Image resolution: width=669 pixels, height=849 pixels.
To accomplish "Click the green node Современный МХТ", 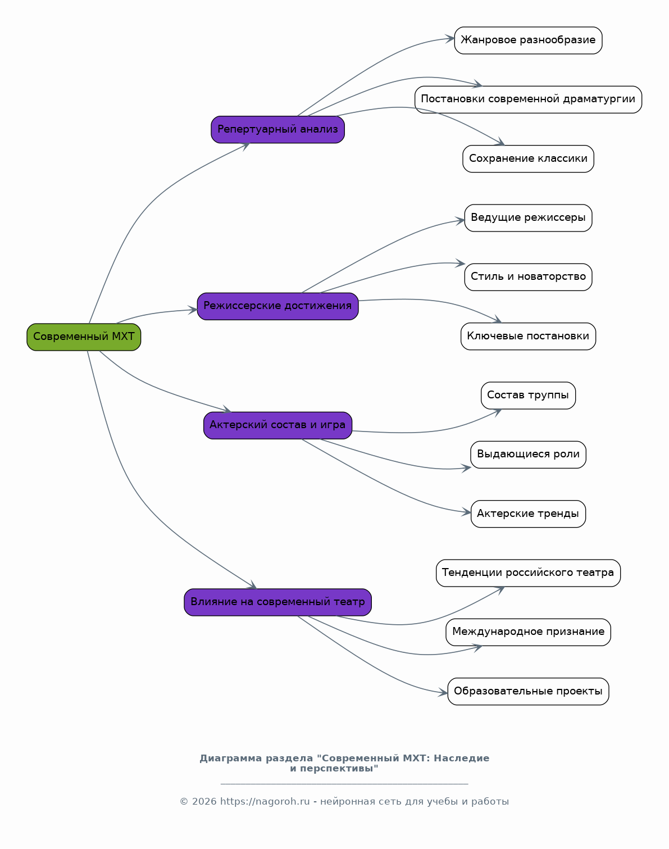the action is (84, 337).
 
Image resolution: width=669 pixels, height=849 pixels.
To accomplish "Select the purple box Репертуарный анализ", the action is (277, 129).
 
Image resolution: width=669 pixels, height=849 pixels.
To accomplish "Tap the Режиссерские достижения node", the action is (277, 306).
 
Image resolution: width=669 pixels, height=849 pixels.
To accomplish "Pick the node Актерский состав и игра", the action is (277, 425).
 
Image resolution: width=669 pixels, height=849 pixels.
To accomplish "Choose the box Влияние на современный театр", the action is (277, 602).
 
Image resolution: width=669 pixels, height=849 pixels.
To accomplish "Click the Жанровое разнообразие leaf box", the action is (528, 40).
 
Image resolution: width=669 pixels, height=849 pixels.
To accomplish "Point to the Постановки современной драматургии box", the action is (528, 99).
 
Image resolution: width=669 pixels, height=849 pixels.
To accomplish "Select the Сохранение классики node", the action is (528, 158).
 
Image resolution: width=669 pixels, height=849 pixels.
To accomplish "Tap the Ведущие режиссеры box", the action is (528, 218).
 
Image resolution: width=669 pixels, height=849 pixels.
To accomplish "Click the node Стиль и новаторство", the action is (528, 277).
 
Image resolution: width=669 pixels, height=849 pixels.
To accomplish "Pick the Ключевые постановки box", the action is (528, 336).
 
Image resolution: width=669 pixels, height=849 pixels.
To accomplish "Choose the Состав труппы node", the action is (528, 396).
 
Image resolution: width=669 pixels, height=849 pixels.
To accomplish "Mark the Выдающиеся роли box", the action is (528, 455).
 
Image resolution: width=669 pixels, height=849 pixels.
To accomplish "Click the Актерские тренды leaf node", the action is (528, 514).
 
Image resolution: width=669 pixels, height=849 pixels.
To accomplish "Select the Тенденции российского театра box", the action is (528, 573).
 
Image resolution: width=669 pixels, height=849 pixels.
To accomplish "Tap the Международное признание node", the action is (528, 632).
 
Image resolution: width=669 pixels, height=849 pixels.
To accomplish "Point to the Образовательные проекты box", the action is (528, 691).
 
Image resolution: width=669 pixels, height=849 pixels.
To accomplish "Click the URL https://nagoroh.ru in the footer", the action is (265, 802).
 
